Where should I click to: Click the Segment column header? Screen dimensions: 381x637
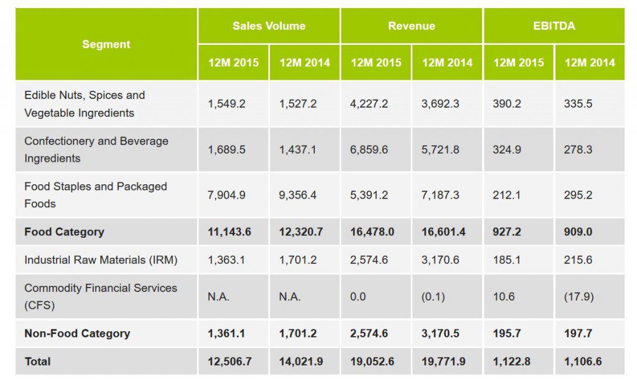tap(106, 44)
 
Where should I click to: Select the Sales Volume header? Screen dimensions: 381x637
tap(269, 26)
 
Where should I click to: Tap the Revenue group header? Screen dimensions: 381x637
tap(411, 26)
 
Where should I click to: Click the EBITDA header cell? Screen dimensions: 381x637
tap(554, 26)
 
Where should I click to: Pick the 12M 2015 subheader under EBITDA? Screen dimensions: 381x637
tap(518, 62)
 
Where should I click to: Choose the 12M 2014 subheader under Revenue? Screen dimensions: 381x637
tap(447, 62)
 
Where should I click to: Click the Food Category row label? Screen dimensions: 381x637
tap(64, 232)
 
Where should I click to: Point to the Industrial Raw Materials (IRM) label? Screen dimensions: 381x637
tap(101, 260)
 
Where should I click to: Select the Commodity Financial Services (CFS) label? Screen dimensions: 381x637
tap(101, 296)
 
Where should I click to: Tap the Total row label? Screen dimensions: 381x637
tap(37, 361)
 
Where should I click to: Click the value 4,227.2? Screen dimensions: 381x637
tap(369, 104)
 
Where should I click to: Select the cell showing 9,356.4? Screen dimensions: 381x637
tap(297, 195)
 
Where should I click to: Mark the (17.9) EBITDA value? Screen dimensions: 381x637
tap(579, 297)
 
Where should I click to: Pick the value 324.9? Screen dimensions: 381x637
tap(507, 149)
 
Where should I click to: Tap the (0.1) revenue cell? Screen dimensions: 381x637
tap(433, 297)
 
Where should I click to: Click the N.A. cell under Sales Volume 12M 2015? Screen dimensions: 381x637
tap(218, 297)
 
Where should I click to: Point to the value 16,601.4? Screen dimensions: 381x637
tap(444, 232)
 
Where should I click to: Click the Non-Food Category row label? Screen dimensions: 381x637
tap(77, 333)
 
